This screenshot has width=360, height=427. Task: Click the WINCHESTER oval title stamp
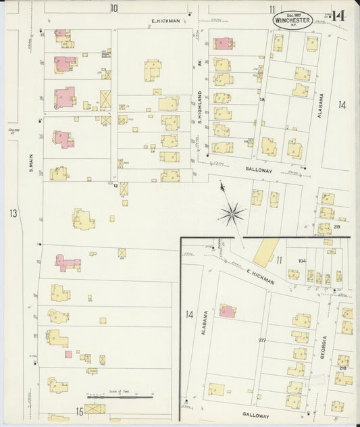click(293, 20)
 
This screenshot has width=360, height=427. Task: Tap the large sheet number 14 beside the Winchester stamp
click(338, 16)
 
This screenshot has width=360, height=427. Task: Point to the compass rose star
click(232, 214)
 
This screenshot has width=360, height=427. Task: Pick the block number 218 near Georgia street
click(342, 368)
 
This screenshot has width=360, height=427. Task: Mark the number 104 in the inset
click(301, 259)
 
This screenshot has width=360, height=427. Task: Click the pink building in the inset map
click(228, 311)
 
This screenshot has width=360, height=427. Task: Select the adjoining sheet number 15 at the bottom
click(79, 411)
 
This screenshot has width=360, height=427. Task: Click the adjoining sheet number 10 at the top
click(114, 8)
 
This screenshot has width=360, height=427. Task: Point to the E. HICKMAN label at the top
click(165, 21)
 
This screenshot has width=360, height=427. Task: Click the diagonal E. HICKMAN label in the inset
click(260, 277)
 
